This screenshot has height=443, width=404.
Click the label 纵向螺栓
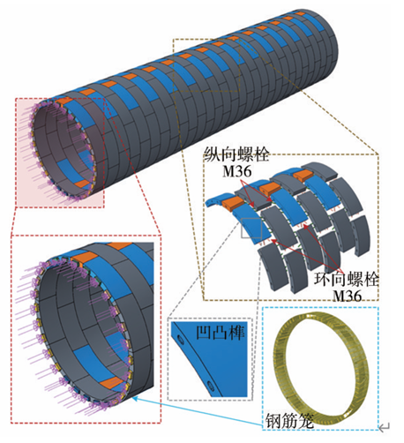coord(236,154)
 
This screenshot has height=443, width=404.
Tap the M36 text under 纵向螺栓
coord(237,170)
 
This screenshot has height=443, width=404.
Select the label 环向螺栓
coord(346,279)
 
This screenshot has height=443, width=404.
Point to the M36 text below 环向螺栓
coord(347,296)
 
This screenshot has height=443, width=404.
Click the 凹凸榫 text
coord(220,334)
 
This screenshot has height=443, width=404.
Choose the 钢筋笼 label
coord(290,421)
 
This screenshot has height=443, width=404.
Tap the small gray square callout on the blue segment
coord(251,229)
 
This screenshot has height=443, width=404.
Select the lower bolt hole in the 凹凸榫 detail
coord(211,385)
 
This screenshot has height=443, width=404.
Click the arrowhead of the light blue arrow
coord(134,398)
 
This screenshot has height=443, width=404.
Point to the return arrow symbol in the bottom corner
coord(385,427)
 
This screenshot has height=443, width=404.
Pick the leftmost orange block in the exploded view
coord(233,203)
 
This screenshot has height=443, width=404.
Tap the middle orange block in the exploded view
coord(270,188)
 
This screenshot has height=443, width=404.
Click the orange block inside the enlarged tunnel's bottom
coord(111,382)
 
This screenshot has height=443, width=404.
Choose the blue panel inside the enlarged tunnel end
coord(88,357)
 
